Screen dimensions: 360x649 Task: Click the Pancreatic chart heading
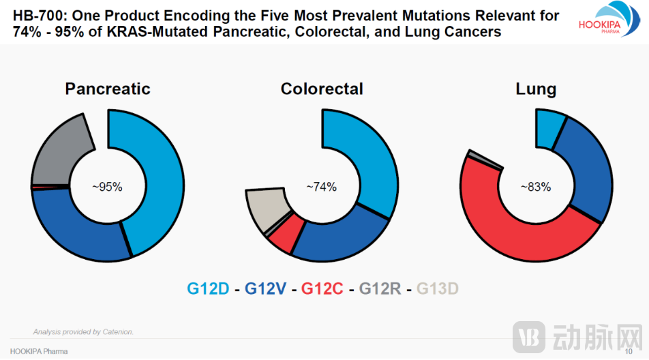coord(108,89)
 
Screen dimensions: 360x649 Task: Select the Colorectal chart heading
coord(322,89)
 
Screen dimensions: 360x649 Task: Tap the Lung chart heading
coord(535,89)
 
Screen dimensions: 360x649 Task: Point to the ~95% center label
coord(107,186)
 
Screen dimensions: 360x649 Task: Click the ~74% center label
coord(321,186)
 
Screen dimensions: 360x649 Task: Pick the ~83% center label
coord(535,186)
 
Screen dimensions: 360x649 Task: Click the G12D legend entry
coord(208,289)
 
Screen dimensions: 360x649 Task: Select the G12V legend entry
coord(265,289)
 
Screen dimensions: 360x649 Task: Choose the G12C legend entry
coord(322,289)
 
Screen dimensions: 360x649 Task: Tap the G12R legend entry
coord(380,289)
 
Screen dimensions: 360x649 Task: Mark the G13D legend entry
coord(437,289)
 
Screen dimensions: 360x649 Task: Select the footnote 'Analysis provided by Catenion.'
coord(83,332)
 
